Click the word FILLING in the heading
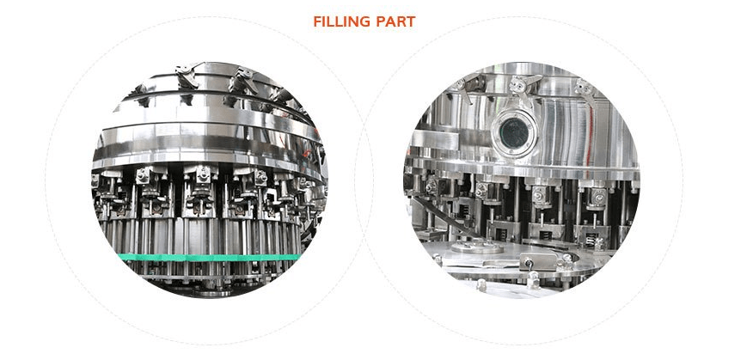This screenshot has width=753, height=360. (x=341, y=21)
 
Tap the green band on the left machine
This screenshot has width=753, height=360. (x=210, y=257)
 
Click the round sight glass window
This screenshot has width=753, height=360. (x=513, y=132)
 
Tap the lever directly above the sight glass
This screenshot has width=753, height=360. (x=524, y=88)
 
